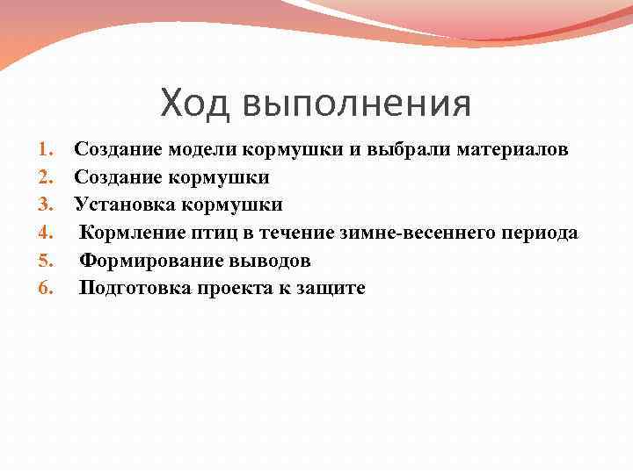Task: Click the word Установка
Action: pyautogui.click(x=116, y=205)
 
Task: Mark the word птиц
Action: pyautogui.click(x=205, y=233)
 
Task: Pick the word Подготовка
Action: pyautogui.click(x=130, y=288)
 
